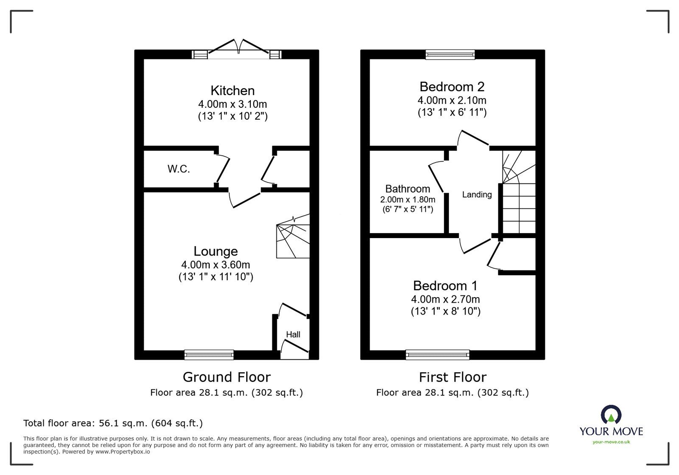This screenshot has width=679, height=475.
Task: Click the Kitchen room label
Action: pos(233,90)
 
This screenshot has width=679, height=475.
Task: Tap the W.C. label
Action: pos(179,169)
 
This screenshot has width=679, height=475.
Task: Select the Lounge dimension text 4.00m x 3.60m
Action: pos(216,265)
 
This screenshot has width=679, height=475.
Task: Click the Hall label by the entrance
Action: pos(293,334)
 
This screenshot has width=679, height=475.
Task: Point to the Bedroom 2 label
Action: pos(452,87)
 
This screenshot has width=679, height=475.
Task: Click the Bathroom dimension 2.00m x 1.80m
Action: pos(407,200)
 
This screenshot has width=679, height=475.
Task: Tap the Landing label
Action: pos(477,195)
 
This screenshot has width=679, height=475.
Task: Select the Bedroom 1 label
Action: pos(445,285)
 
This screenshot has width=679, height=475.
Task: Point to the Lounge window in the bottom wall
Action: pos(209,354)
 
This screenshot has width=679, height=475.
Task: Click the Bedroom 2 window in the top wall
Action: pos(450,54)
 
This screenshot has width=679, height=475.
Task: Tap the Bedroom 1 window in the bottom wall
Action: pos(438,354)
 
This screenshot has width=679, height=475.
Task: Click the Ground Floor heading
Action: pos(227,377)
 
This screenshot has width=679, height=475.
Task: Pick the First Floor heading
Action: pos(452,377)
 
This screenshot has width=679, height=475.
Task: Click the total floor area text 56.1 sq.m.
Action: pos(113,423)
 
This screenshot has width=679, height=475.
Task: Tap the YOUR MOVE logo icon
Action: pos(611,415)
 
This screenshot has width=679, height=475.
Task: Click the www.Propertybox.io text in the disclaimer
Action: pos(122,452)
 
